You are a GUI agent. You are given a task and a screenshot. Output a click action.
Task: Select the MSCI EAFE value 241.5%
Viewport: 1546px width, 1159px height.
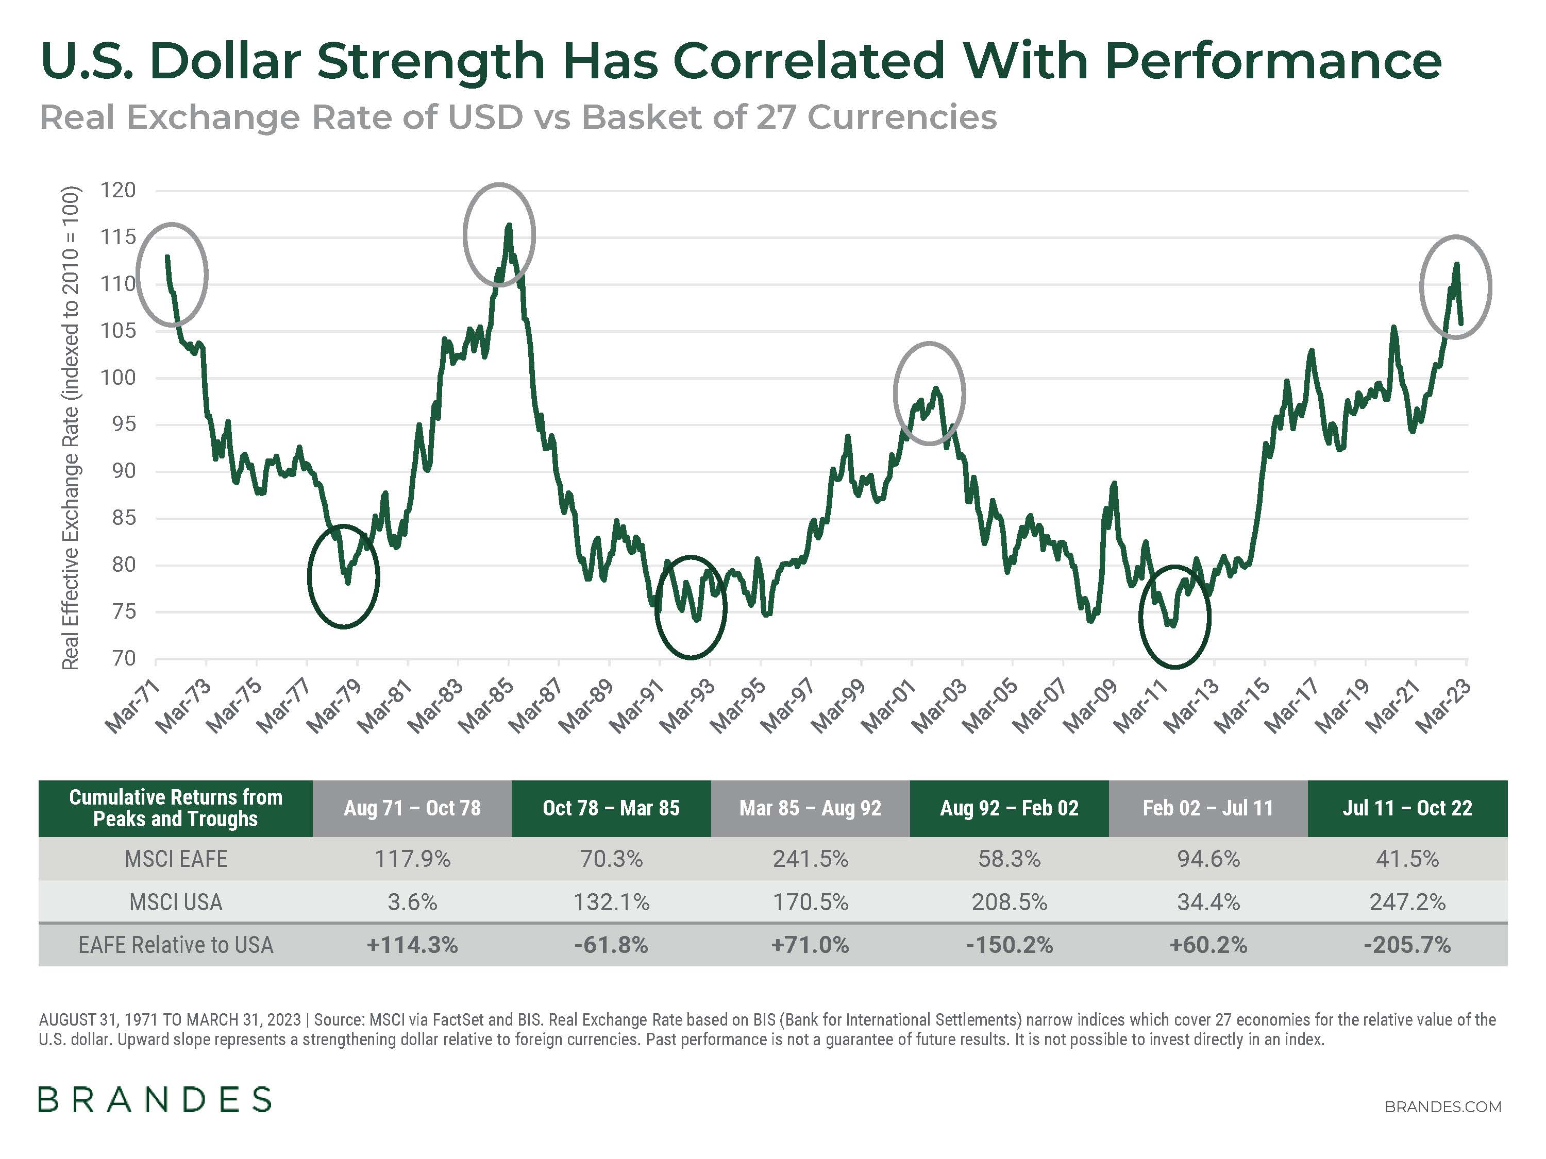point(810,859)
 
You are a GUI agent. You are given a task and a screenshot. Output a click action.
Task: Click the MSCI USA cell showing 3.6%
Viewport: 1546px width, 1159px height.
point(412,902)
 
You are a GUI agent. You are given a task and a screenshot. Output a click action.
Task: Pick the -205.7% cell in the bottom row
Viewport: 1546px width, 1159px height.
point(1407,945)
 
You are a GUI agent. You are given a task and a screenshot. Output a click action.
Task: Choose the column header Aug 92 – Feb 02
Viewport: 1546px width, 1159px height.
point(1009,808)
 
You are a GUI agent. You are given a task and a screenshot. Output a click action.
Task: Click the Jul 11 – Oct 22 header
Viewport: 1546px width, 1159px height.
point(1407,808)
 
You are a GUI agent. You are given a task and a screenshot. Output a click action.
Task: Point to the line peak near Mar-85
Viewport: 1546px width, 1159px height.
point(509,226)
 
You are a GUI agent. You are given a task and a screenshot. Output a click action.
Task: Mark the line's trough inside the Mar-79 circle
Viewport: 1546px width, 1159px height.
point(348,582)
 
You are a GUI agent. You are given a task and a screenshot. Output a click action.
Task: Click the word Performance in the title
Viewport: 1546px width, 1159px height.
point(1272,61)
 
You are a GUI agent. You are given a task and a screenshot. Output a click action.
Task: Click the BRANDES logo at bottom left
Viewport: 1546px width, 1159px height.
point(155,1100)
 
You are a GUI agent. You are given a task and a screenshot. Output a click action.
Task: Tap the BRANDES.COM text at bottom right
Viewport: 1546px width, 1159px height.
point(1442,1106)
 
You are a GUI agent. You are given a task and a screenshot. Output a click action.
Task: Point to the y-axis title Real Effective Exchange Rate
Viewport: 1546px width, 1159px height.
point(70,428)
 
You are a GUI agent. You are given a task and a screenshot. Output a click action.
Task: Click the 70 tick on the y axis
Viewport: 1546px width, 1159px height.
point(124,658)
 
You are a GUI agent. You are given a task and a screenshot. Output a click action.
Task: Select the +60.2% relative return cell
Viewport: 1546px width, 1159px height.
point(1208,945)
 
